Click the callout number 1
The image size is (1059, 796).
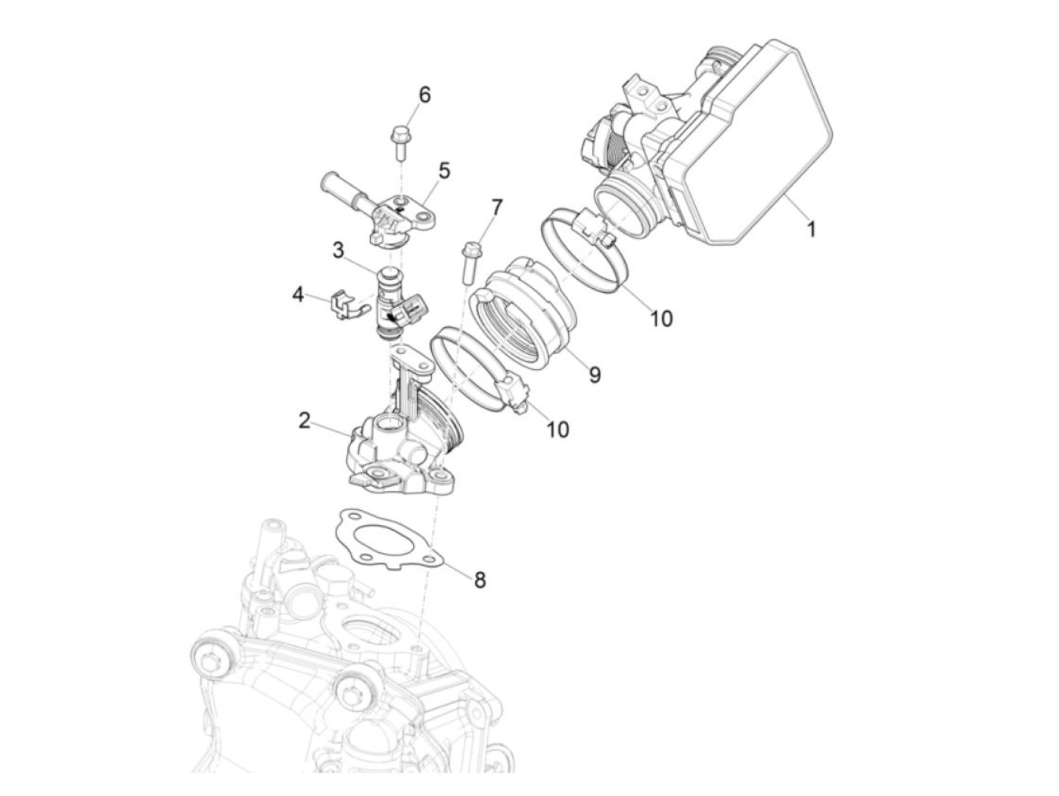tap(811, 228)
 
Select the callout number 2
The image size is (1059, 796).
tap(304, 421)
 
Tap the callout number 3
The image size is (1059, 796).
tap(337, 249)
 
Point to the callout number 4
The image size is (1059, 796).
tap(299, 294)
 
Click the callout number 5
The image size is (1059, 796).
tap(443, 170)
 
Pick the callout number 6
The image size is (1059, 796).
tap(424, 95)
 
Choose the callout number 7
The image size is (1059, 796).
tap(496, 207)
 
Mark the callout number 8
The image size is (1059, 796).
tap(480, 580)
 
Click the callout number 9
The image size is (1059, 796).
tap(595, 374)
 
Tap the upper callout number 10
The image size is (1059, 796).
tap(661, 319)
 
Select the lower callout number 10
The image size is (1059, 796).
tap(557, 429)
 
